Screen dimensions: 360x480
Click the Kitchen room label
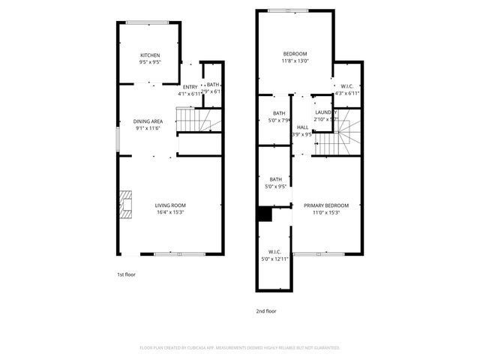click(150, 55)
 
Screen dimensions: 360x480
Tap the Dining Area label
click(148, 121)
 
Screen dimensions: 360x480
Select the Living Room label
click(170, 205)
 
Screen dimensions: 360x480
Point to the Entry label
click(190, 87)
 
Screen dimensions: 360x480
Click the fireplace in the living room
click(124, 204)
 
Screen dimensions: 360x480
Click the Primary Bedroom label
click(326, 205)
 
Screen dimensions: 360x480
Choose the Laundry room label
click(326, 112)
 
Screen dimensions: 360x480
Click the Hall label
click(303, 127)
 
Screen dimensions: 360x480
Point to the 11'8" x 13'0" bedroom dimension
click(295, 61)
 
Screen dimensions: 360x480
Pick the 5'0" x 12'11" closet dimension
click(274, 259)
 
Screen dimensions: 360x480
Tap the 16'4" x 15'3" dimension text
click(170, 212)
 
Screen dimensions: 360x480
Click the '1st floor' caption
click(126, 274)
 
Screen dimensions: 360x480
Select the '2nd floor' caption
click(266, 310)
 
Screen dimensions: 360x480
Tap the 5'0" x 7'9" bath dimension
click(279, 120)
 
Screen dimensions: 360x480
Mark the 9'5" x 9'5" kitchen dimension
click(150, 62)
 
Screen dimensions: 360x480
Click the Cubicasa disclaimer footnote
click(240, 348)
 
